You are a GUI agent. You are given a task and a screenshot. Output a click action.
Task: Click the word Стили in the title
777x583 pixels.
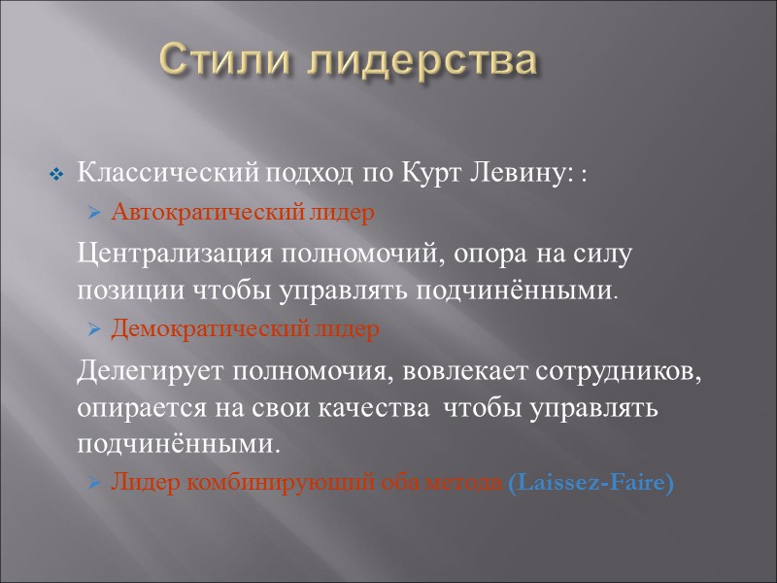click(224, 61)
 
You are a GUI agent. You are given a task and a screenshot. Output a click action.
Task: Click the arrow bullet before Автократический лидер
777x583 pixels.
click(94, 213)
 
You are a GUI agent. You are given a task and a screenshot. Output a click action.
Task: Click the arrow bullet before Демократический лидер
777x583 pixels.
click(94, 329)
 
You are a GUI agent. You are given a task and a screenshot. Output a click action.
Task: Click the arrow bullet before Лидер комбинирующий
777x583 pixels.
click(94, 482)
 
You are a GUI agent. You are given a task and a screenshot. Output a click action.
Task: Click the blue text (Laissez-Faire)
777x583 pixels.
click(590, 482)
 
